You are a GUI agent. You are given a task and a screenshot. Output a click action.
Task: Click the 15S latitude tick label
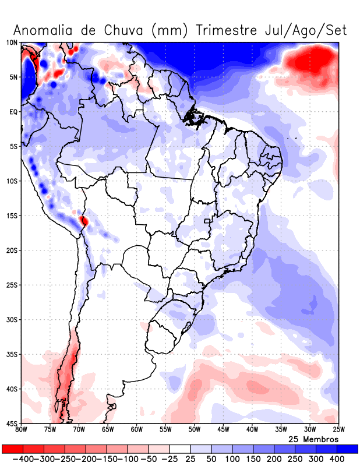[12, 216]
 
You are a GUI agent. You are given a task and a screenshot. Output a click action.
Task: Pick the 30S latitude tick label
[12, 320]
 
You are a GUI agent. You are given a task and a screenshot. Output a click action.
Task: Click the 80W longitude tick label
[21, 430]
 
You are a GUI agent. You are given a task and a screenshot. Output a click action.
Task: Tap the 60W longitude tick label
[136, 430]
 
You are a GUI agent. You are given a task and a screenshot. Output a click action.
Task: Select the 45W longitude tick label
[223, 430]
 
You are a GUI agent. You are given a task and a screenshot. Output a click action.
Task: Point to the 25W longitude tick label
[338, 430]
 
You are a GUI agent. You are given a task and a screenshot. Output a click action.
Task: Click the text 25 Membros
[313, 439]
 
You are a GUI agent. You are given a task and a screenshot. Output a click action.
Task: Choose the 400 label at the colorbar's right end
[337, 459]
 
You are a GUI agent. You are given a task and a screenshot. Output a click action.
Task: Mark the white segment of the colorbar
[180, 449]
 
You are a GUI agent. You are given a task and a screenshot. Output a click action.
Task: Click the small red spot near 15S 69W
[84, 221]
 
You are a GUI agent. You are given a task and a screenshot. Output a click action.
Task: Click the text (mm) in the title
[170, 30]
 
